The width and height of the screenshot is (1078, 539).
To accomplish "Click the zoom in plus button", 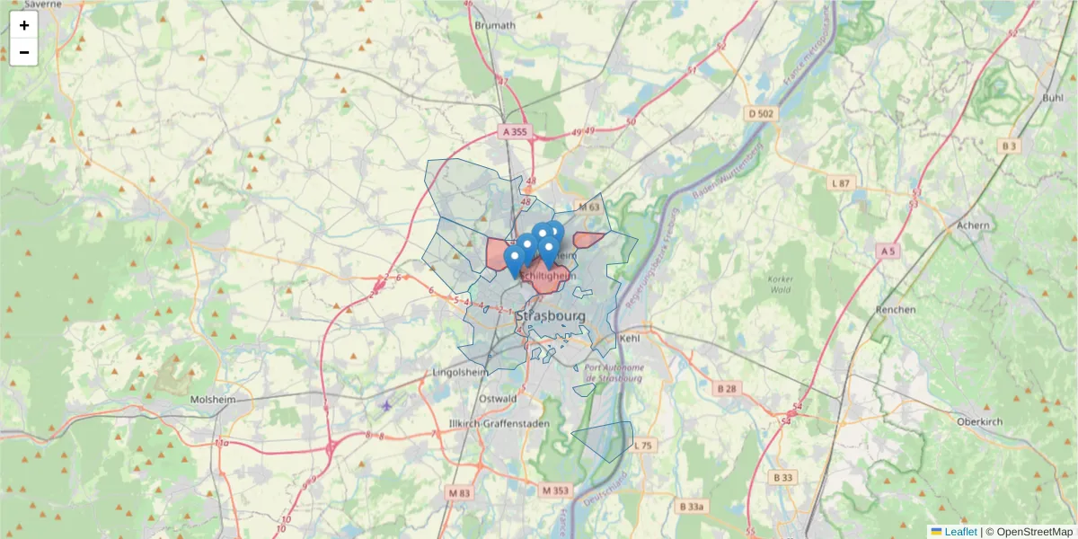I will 24,25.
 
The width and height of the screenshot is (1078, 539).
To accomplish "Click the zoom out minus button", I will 24,52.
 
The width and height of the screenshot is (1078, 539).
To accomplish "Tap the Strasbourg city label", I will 551,317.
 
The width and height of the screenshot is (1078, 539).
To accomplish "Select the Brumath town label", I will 495,25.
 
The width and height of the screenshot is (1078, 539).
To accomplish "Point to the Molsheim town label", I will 213,399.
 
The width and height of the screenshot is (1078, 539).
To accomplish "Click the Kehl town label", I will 629,339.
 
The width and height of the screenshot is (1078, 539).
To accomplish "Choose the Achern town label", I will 973,225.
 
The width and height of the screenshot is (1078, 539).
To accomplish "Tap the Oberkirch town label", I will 979,421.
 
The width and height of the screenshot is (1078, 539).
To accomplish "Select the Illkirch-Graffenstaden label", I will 496,424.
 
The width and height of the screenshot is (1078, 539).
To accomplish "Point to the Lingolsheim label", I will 460,372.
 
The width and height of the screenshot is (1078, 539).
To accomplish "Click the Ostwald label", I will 498,398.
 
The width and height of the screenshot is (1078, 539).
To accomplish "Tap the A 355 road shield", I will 517,132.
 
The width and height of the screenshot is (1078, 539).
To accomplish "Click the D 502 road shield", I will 761,113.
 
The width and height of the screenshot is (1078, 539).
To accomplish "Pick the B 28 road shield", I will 727,388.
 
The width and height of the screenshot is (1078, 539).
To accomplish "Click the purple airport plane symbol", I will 387,405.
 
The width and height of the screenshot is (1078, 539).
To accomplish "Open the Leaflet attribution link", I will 960,532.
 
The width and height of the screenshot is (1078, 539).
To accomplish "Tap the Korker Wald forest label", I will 781,284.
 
